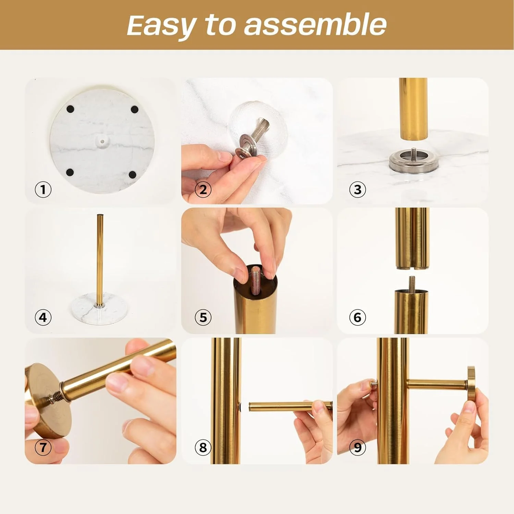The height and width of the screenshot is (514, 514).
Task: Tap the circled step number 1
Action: click(43, 189)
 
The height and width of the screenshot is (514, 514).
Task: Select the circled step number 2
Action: click(203, 189)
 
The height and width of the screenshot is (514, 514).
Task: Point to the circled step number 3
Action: click(358, 189)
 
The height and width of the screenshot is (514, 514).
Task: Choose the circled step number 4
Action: click(43, 317)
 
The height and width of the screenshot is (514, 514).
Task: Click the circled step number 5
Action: click(203, 317)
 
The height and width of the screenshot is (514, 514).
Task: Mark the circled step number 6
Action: click(358, 317)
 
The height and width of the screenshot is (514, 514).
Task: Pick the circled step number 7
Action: click(43, 447)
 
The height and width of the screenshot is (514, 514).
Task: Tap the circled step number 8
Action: click(203, 447)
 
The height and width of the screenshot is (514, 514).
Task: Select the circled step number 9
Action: click(358, 447)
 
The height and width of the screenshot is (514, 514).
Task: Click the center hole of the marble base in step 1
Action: click(102, 140)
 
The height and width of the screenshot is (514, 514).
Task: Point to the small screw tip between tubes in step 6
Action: click(412, 283)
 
